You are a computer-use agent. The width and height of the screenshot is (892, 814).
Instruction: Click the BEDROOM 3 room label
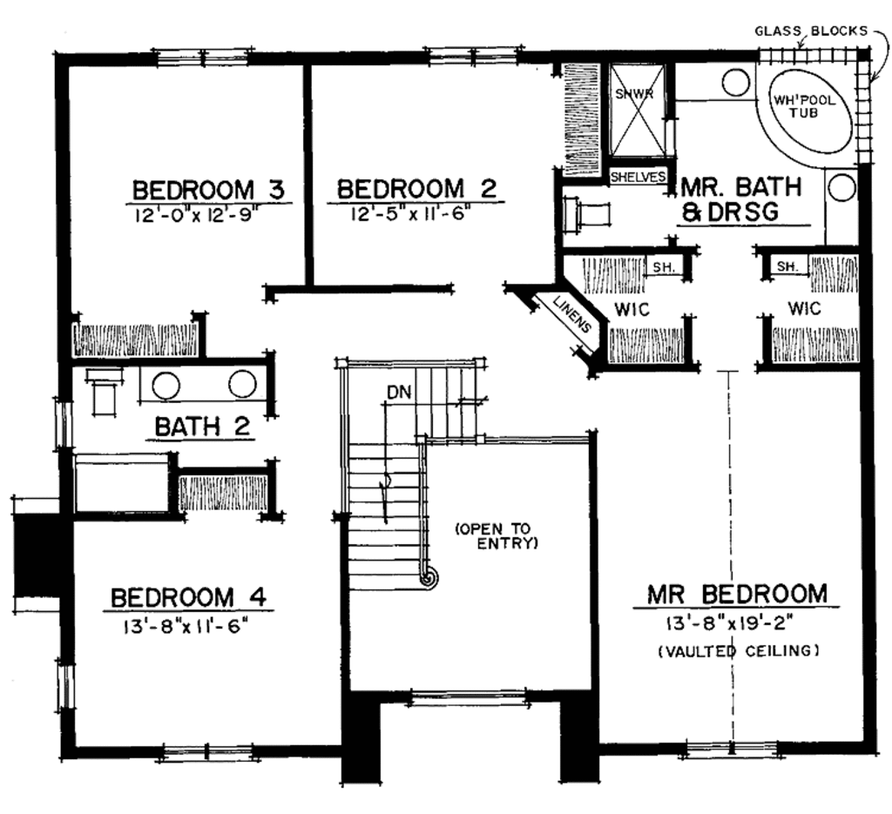point(209,189)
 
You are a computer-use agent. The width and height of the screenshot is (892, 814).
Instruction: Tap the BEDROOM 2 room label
point(416,189)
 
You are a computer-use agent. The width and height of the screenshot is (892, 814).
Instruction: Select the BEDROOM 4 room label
point(187,598)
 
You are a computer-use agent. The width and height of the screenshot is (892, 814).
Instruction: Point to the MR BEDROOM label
point(737,594)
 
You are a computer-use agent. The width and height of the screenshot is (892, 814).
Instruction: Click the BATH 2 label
point(203,427)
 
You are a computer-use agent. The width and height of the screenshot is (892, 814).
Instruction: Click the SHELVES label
point(638,177)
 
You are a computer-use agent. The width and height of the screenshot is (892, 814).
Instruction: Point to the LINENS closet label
point(571,316)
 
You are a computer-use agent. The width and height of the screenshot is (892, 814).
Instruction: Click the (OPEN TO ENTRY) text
point(497,535)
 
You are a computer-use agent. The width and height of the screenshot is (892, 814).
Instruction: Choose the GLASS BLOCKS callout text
point(810,30)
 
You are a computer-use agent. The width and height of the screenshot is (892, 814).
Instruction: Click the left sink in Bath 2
point(166,383)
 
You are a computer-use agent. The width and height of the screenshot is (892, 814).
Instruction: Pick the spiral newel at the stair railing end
point(427,575)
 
